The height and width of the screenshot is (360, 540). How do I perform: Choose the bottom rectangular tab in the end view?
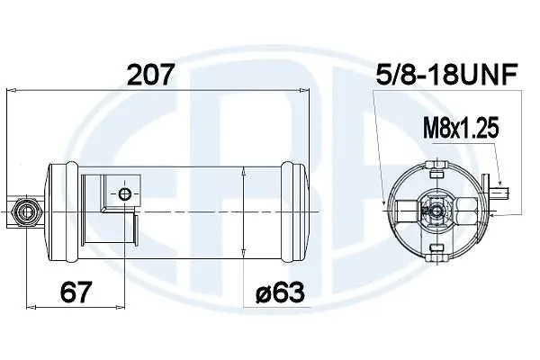[436, 248]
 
